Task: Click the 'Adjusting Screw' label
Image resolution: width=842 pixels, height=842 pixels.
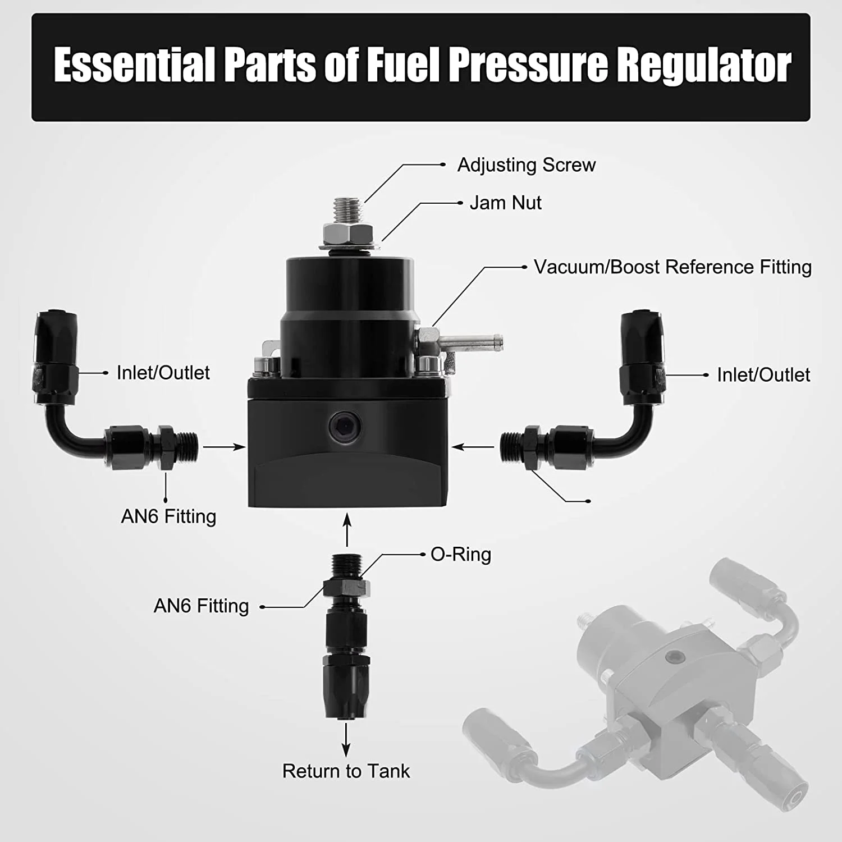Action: pyautogui.click(x=526, y=165)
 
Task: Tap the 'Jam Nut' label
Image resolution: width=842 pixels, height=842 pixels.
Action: pyautogui.click(x=505, y=203)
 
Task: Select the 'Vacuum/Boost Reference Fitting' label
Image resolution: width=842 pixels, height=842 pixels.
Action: pyautogui.click(x=672, y=267)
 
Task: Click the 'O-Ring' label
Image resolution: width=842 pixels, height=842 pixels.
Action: pyautogui.click(x=460, y=555)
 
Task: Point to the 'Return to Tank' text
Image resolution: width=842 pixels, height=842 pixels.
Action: pyautogui.click(x=346, y=771)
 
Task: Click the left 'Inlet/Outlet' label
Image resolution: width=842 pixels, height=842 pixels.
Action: pyautogui.click(x=163, y=373)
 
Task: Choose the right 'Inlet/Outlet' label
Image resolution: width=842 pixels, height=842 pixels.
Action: pyautogui.click(x=763, y=375)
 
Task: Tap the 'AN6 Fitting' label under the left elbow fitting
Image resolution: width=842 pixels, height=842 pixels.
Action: pyautogui.click(x=168, y=516)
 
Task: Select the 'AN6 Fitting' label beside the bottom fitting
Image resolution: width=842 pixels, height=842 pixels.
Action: pyautogui.click(x=201, y=606)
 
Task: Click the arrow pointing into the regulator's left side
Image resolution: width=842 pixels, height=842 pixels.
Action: pyautogui.click(x=224, y=447)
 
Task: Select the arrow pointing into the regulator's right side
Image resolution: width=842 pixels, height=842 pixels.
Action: pyautogui.click(x=473, y=447)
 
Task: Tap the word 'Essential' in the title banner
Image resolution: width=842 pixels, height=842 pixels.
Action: pyautogui.click(x=134, y=66)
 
